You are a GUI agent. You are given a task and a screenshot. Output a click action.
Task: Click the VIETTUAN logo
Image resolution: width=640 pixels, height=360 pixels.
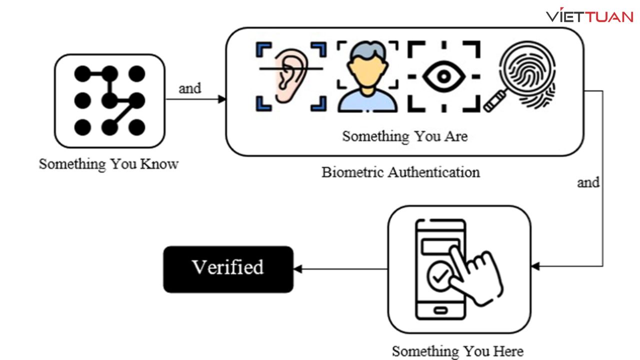pyautogui.click(x=589, y=16)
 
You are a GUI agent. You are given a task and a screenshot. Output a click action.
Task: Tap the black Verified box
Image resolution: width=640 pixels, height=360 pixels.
pyautogui.click(x=228, y=269)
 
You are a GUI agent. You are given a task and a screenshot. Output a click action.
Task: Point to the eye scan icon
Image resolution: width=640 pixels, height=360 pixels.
pyautogui.click(x=443, y=76)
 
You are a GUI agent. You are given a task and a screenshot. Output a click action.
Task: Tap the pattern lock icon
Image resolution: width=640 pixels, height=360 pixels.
pyautogui.click(x=109, y=101)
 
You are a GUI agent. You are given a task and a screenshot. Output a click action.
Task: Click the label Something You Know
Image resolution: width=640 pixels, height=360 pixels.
pyautogui.click(x=108, y=164)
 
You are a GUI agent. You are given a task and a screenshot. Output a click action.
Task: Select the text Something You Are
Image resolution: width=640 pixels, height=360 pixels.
pyautogui.click(x=404, y=136)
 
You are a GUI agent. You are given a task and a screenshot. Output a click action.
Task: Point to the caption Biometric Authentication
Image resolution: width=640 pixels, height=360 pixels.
pyautogui.click(x=400, y=172)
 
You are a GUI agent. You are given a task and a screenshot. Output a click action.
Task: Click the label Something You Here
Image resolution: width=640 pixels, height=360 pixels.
pyautogui.click(x=457, y=351)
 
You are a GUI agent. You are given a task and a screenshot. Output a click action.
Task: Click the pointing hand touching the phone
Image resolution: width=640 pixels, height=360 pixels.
pyautogui.click(x=475, y=272)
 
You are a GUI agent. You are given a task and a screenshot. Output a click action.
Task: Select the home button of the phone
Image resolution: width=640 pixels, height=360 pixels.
pyautogui.click(x=440, y=310)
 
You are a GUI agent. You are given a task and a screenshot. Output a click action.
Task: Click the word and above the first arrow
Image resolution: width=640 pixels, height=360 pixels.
pyautogui.click(x=190, y=89)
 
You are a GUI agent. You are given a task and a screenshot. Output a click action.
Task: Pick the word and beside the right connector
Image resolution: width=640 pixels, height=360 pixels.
pyautogui.click(x=588, y=182)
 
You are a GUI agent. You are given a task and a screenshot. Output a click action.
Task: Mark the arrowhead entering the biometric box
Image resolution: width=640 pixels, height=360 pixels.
pyautogui.click(x=222, y=99)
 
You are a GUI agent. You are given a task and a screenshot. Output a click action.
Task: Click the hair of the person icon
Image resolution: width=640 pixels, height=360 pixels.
pyautogui.click(x=368, y=50)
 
